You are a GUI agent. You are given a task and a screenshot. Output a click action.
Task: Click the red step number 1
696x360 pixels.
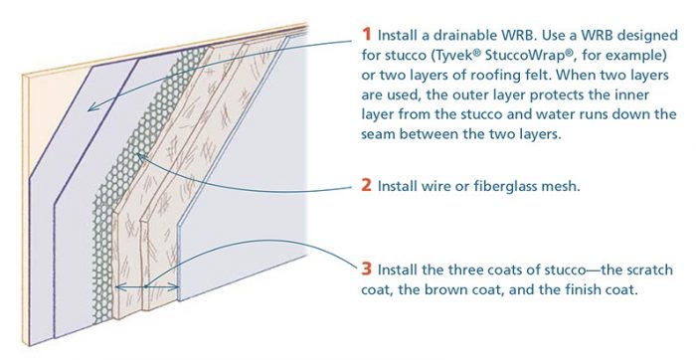point(366,34)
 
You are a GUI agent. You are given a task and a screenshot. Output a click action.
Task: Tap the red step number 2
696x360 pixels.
point(366,185)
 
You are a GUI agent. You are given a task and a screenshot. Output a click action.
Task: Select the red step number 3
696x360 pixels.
point(366,269)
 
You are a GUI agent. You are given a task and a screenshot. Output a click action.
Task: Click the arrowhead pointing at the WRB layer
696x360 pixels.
point(91,107)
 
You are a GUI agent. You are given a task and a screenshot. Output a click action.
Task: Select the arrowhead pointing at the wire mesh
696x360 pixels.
point(139,156)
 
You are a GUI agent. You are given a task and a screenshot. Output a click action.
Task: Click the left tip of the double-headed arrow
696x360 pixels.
point(116,287)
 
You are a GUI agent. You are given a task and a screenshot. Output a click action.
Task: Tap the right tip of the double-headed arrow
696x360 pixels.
point(178,287)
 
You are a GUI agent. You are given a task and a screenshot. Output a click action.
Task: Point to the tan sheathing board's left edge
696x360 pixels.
point(25,210)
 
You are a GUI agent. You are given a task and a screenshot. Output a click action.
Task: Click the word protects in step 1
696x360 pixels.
point(556,95)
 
